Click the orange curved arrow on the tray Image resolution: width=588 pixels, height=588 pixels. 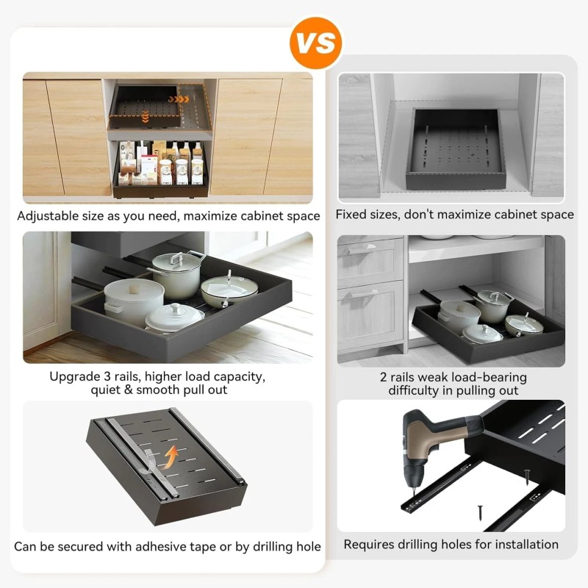[172, 456]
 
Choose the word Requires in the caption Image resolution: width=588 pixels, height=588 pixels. [372, 545]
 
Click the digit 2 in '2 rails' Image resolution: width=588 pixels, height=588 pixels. [384, 377]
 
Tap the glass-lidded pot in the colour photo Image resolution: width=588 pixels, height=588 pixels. [177, 271]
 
